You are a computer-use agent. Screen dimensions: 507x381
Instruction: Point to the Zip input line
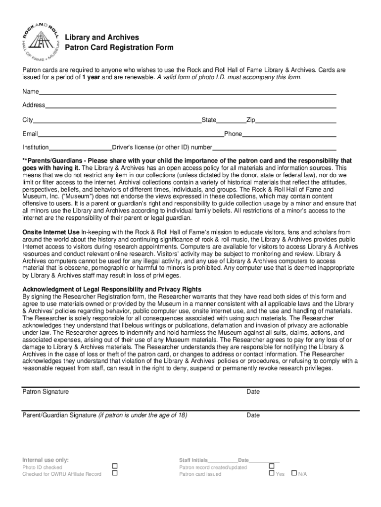pos(295,120)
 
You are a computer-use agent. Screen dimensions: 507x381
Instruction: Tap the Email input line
pos(131,134)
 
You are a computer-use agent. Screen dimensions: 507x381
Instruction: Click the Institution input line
pos(81,148)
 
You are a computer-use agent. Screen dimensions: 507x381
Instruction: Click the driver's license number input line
pos(274,148)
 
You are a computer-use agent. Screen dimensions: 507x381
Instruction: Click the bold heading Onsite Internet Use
pos(50,232)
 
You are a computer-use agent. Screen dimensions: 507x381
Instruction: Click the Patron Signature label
pos(46,392)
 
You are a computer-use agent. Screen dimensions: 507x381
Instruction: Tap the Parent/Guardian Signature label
pos(59,415)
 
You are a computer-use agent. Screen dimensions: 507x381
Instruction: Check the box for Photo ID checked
pos(114,466)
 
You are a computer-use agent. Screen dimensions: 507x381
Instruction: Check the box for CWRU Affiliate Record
pos(114,473)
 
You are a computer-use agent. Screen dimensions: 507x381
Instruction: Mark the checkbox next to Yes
pos(271,473)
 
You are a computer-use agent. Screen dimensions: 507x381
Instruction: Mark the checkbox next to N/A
pos(294,473)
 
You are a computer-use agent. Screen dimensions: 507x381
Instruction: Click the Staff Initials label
pos(193,460)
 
